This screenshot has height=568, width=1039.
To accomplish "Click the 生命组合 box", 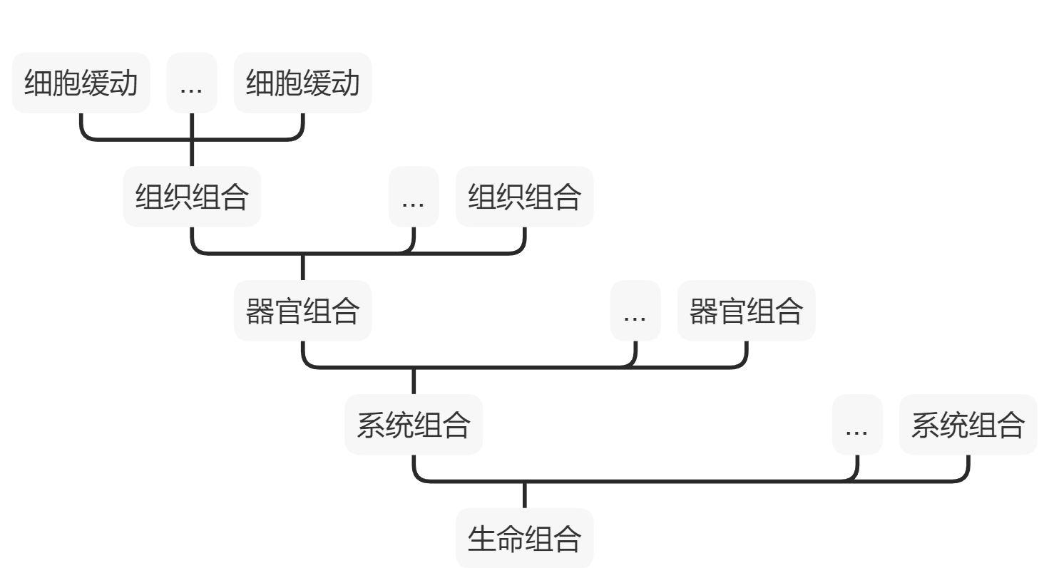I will [x=524, y=538].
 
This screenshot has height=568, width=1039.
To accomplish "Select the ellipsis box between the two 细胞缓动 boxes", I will [x=191, y=83].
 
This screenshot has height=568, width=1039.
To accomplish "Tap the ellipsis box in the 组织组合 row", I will [x=413, y=197].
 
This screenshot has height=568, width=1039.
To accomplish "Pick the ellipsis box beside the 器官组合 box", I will [x=635, y=311].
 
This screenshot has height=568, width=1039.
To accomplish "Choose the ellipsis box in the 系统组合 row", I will [x=856, y=425].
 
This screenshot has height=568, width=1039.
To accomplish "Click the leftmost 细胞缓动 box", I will [x=81, y=83].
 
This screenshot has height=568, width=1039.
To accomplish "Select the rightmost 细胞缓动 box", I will [x=302, y=83].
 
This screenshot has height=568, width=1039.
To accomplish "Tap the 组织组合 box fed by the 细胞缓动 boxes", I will [x=192, y=197].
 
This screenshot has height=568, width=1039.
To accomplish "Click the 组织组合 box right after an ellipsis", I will [x=524, y=197].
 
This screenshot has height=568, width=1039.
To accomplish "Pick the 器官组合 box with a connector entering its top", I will [x=302, y=311].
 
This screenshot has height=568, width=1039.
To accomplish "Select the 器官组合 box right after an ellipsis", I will [x=746, y=311].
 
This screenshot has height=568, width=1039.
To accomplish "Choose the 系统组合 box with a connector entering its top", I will [x=414, y=425].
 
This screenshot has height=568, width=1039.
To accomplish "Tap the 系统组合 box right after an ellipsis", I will [x=968, y=425].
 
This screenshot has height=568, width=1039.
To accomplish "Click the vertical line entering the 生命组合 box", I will [x=524, y=495].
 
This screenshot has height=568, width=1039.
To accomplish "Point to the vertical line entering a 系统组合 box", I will [x=414, y=381].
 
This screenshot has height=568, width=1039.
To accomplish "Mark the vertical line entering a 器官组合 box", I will [x=302, y=267].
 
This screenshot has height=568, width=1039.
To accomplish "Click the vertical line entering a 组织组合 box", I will [x=192, y=153].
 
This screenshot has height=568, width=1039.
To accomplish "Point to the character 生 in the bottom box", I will [x=482, y=539].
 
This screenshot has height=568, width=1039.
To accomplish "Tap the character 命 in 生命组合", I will [x=510, y=539].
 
